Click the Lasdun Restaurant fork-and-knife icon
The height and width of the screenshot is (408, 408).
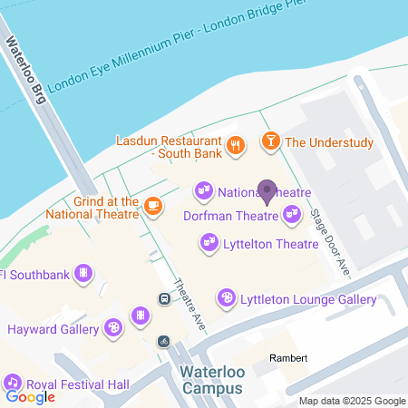[235, 142]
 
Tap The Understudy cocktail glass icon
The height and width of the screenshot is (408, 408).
[269, 141]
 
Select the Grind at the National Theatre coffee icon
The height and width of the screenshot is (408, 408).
[153, 206]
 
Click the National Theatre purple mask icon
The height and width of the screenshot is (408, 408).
[203, 191]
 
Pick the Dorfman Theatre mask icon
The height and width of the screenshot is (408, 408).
[291, 215]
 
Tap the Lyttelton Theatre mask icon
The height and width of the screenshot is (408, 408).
[209, 242]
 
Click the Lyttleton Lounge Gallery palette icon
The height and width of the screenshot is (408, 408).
[226, 297]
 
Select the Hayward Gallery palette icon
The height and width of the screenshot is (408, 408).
[113, 326]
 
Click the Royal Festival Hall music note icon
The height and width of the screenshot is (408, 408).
[13, 382]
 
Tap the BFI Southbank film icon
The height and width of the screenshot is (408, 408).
[83, 272]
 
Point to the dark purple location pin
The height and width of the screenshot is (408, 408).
[267, 191]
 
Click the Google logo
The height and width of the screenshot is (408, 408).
[30, 396]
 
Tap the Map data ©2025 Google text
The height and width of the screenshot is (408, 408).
[353, 401]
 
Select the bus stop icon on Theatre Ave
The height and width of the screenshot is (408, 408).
[165, 297]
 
